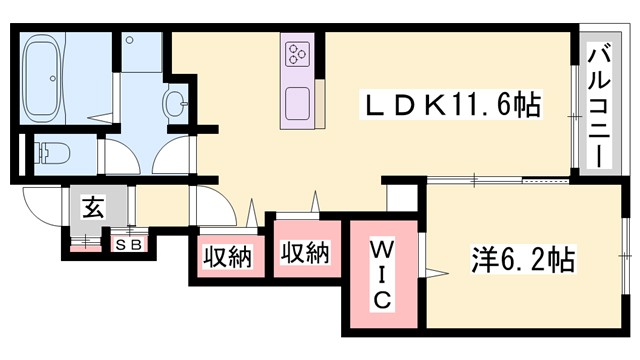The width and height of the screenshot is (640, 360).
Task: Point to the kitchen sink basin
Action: tap(299, 101)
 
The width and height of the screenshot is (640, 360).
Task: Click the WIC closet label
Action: tap(383, 274)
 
